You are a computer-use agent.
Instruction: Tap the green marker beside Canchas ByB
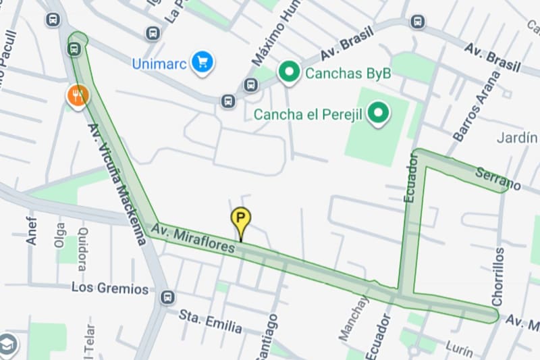290,72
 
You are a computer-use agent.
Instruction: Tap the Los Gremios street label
109,288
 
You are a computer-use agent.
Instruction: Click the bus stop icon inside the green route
75,49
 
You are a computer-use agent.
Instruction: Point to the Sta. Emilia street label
210,321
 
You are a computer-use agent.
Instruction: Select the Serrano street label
498,178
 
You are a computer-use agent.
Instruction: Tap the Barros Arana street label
477,105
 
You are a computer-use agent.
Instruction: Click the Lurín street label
461,346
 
